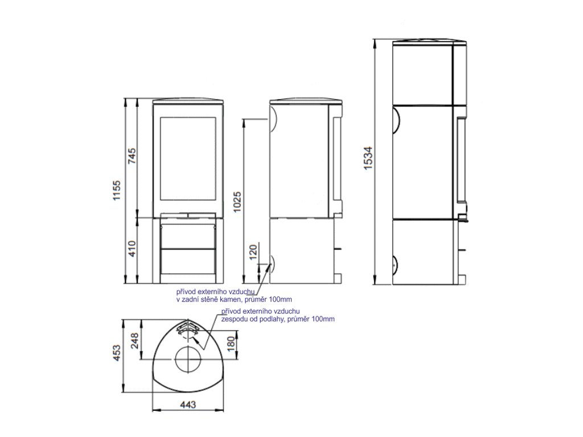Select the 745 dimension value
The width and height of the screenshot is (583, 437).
click(x=132, y=159)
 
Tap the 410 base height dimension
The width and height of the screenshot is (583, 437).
click(x=132, y=249)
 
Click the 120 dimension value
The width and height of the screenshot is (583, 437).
click(x=253, y=252)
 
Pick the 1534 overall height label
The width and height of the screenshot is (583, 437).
click(x=368, y=158)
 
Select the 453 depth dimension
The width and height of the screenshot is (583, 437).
click(x=117, y=353)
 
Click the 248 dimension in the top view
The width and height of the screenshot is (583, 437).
click(x=134, y=341)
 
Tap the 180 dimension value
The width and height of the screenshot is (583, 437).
click(x=231, y=344)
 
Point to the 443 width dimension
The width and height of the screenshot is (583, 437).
click(x=188, y=405)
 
